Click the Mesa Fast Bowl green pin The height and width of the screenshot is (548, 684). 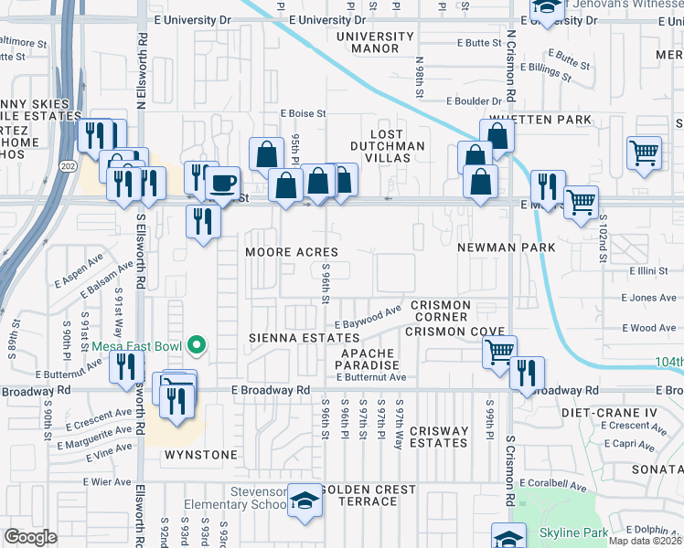[196, 345]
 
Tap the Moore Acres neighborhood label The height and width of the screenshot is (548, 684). [292, 252]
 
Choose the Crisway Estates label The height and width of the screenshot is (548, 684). [439, 437]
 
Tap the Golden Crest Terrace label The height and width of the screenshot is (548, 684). [369, 496]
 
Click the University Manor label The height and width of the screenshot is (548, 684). [375, 42]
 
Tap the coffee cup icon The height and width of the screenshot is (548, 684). [222, 181]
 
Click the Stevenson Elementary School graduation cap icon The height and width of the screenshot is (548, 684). [305, 502]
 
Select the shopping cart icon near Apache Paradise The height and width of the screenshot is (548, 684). [499, 352]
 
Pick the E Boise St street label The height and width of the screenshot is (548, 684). [303, 114]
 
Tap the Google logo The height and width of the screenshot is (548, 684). [30, 537]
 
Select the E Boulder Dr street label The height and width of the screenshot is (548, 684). [475, 101]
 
